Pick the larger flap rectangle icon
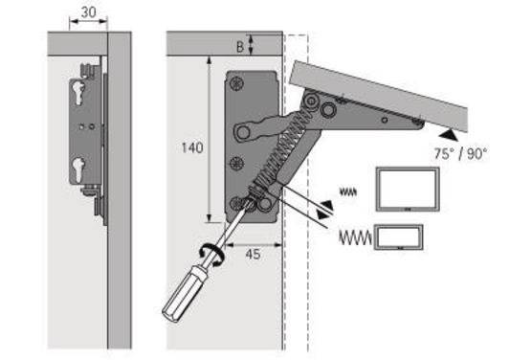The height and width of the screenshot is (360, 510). [x=407, y=189]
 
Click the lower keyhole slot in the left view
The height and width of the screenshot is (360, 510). [x=76, y=171]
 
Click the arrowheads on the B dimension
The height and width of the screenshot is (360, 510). [x=252, y=42]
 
